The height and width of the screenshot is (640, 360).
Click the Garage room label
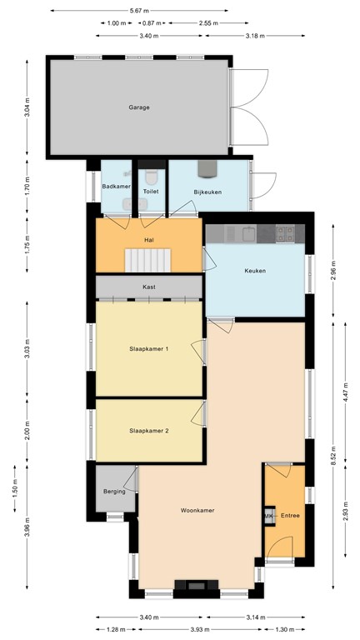coord(139,107)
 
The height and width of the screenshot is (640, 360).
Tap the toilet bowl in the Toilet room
coord(151,177)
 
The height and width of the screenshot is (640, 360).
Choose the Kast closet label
coord(148,287)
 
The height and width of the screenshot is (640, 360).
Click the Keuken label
coord(255,270)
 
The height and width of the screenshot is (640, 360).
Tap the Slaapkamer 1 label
coord(149,348)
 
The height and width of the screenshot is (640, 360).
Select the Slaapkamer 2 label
coord(149,431)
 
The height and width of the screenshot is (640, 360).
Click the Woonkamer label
coord(197,510)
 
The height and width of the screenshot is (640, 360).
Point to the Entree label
coord(290,517)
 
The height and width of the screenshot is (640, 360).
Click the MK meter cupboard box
coord(269,517)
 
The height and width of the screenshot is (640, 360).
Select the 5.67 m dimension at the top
coord(140,11)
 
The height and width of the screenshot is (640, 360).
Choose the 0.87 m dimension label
coord(151,23)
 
